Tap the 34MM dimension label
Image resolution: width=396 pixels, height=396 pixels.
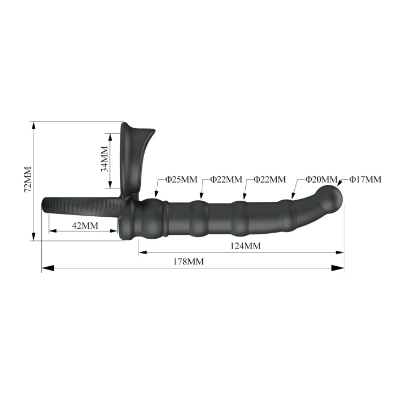pos(105,159)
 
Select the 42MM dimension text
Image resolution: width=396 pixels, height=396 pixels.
pos(85,226)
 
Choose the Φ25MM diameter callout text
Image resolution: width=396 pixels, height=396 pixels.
pos(182,180)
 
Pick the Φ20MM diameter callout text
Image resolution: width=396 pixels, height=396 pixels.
pos(322,180)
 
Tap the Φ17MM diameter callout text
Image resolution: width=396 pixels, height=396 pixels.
pos(365,180)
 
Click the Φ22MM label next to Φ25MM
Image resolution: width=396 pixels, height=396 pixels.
pos(226,180)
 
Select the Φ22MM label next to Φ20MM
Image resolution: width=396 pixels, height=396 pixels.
pos(269,180)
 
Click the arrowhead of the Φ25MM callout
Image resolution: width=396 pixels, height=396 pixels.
pos(157,196)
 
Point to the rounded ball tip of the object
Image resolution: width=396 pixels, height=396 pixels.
pos(333,197)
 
